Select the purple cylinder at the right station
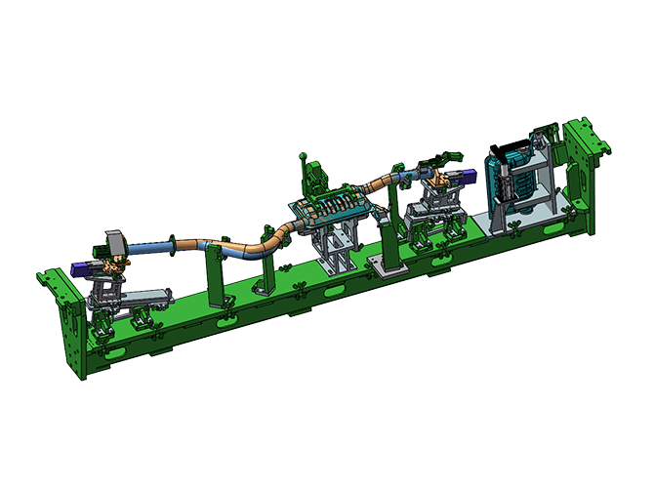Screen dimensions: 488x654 tap(465, 177)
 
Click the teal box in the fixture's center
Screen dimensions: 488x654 tap(332, 208)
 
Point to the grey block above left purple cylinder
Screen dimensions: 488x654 tap(114, 242)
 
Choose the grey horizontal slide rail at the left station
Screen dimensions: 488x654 tap(146, 297)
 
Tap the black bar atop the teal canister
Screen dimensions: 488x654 tap(510, 147)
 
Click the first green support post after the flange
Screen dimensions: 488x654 tap(215, 273)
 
